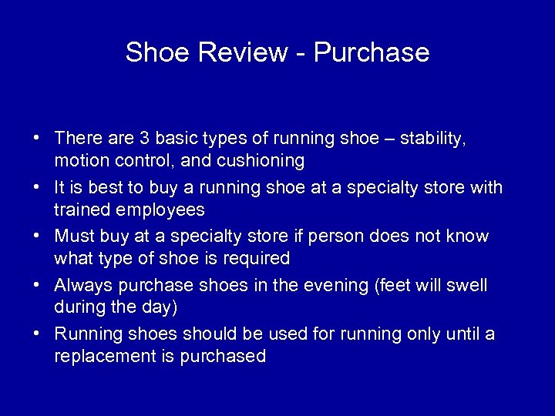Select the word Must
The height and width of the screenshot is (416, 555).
point(73,236)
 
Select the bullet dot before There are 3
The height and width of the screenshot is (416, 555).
point(36,139)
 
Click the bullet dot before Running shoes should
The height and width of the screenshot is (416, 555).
point(36,334)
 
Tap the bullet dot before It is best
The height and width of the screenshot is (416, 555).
point(36,188)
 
